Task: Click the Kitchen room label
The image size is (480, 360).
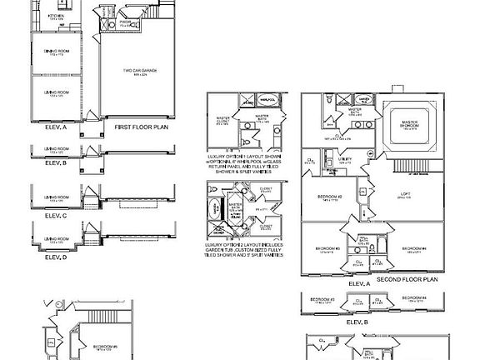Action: coord(57,17)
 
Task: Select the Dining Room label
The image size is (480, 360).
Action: coord(57,53)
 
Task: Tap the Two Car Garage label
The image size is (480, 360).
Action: coord(140,72)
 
